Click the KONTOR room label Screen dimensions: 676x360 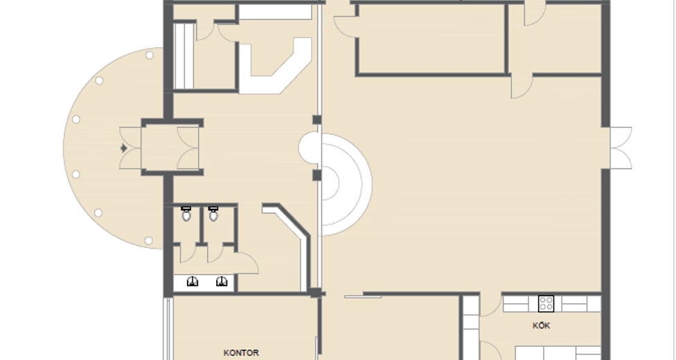241,352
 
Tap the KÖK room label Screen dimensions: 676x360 541,326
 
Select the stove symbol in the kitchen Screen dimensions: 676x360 546,303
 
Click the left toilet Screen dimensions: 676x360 186,213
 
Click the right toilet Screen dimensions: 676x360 213,213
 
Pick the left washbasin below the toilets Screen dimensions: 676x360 193,282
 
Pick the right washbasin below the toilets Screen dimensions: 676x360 222,282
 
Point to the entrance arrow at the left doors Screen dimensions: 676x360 124,148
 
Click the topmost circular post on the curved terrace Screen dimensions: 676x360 150,55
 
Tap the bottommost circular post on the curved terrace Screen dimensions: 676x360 148,240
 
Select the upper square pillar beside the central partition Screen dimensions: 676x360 317,120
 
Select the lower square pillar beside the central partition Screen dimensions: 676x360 317,175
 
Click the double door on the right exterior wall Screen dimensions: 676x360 621,148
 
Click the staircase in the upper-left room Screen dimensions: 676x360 184,56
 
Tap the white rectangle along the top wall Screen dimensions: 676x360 276,12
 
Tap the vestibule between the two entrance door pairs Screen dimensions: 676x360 159,148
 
